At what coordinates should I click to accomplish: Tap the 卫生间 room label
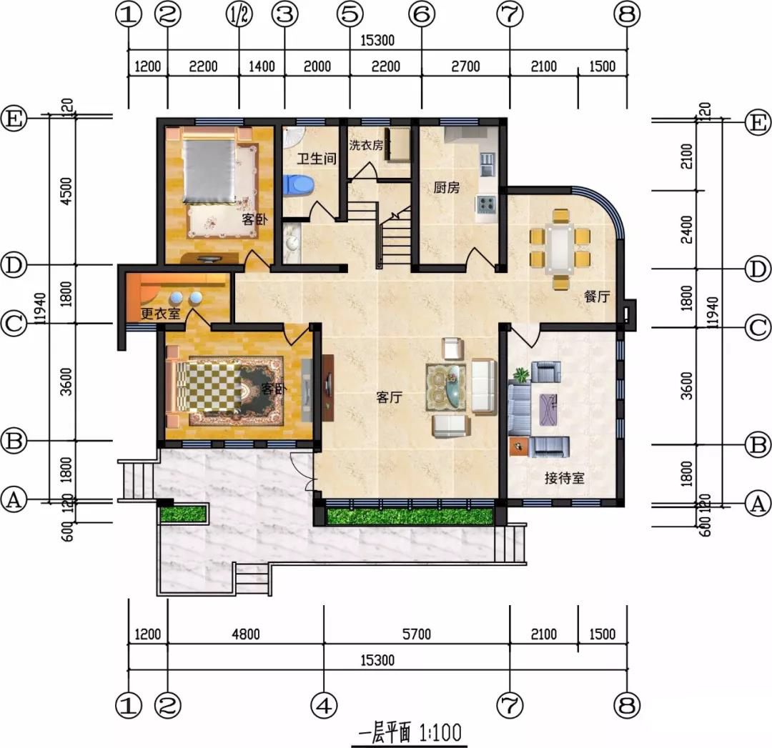coord(317,159)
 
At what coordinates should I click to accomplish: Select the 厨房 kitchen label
coord(447,187)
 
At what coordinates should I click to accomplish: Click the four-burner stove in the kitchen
coord(487,203)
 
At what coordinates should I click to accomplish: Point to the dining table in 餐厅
coord(560,249)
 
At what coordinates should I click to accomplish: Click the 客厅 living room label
coord(389,397)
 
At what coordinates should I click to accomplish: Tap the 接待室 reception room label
coord(564,478)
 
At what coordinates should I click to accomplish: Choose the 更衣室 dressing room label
coord(161,314)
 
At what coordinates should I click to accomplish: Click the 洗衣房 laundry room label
coord(366,145)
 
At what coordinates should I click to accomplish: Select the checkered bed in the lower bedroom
coord(209,387)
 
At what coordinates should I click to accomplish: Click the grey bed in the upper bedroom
coord(209,171)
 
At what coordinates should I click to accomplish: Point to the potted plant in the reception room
coord(521,376)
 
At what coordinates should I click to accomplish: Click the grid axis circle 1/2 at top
coord(239,15)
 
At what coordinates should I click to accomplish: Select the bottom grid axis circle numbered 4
coord(324,706)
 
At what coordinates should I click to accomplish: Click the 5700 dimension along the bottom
coord(417,634)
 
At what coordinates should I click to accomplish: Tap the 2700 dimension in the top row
coord(465,66)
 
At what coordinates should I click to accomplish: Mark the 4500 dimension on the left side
coord(66,191)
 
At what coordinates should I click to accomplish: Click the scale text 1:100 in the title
coord(440,733)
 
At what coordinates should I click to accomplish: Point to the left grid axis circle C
coord(14,324)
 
